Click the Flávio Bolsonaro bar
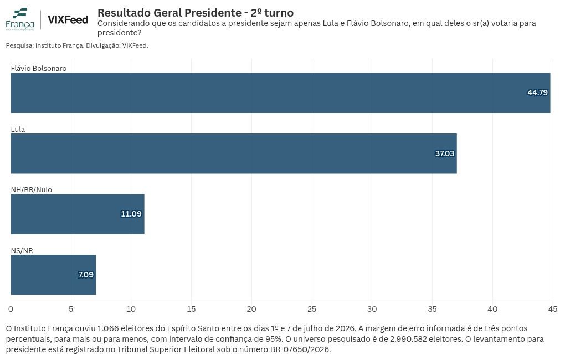(x=280, y=93)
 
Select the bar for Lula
(x=234, y=153)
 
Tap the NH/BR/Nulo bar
(x=78, y=214)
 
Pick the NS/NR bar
(x=53, y=275)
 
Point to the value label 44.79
(x=537, y=92)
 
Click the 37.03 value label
(x=445, y=153)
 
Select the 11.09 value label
(x=131, y=214)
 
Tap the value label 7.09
(x=86, y=275)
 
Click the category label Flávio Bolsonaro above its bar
(x=39, y=69)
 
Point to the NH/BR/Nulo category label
(x=32, y=190)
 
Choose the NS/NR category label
(x=22, y=250)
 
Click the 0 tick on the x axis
(x=11, y=309)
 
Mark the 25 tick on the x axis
(x=312, y=309)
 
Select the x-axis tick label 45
(x=553, y=309)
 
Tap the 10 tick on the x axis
(x=131, y=309)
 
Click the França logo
(x=20, y=19)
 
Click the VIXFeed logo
(x=68, y=19)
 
